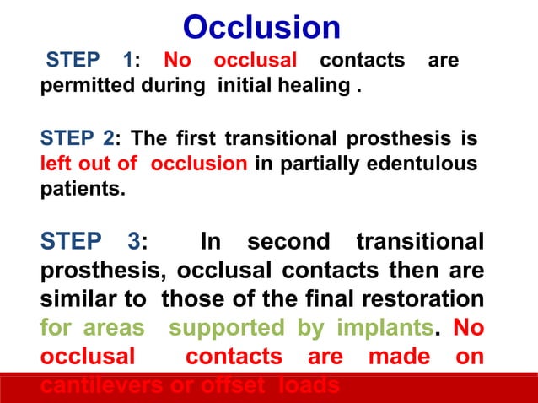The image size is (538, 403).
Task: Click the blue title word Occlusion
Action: click(261, 27)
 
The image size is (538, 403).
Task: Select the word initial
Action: click(246, 86)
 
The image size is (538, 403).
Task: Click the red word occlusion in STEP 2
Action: click(199, 163)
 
